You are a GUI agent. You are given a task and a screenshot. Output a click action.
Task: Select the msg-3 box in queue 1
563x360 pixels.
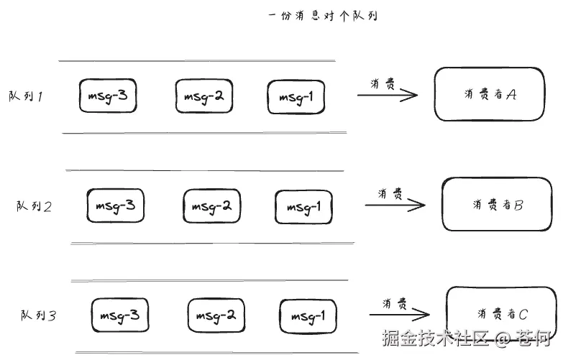(x=108, y=96)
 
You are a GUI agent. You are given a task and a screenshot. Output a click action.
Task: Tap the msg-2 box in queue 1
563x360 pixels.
(x=204, y=96)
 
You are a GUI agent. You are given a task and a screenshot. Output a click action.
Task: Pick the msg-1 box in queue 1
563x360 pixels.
(x=296, y=97)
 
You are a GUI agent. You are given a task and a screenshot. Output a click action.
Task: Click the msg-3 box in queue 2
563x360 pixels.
(x=115, y=206)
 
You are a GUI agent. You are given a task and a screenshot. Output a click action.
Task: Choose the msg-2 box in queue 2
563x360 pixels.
(x=211, y=207)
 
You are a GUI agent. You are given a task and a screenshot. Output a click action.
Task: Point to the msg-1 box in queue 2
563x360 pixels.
(x=303, y=208)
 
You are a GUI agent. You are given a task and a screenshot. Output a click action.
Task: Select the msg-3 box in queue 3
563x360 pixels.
(x=120, y=315)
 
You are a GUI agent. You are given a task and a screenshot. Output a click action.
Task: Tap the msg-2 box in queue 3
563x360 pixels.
(x=216, y=315)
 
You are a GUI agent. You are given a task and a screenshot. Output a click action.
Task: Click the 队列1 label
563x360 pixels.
(x=25, y=97)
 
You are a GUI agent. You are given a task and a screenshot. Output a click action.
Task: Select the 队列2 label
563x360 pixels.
(x=34, y=207)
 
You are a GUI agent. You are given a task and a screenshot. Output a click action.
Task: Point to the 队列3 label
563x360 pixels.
(x=38, y=315)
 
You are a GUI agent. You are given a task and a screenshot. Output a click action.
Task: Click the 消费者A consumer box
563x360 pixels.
(x=489, y=94)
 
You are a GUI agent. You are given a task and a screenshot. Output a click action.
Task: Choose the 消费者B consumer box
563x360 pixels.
(x=497, y=205)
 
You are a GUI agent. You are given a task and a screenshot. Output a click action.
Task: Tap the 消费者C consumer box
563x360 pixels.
(x=501, y=313)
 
